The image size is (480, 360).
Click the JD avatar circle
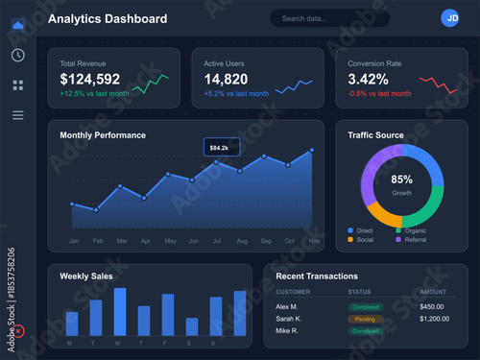(450, 18)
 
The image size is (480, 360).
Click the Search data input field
(329, 18)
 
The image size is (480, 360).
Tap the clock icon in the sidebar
(17, 55)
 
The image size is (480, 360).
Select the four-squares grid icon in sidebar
(17, 85)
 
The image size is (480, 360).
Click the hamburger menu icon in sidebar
(17, 115)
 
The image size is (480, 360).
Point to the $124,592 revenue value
(90, 79)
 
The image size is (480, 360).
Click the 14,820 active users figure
(226, 79)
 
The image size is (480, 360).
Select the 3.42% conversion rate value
(368, 79)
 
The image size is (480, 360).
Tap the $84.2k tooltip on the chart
(221, 147)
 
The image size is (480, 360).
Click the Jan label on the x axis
(73, 240)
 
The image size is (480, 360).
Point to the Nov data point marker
(312, 151)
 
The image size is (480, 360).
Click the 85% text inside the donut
(401, 180)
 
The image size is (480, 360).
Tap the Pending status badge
(366, 318)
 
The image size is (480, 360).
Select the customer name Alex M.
(287, 306)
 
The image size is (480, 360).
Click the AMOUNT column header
(433, 292)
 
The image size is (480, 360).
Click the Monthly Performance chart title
(103, 135)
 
